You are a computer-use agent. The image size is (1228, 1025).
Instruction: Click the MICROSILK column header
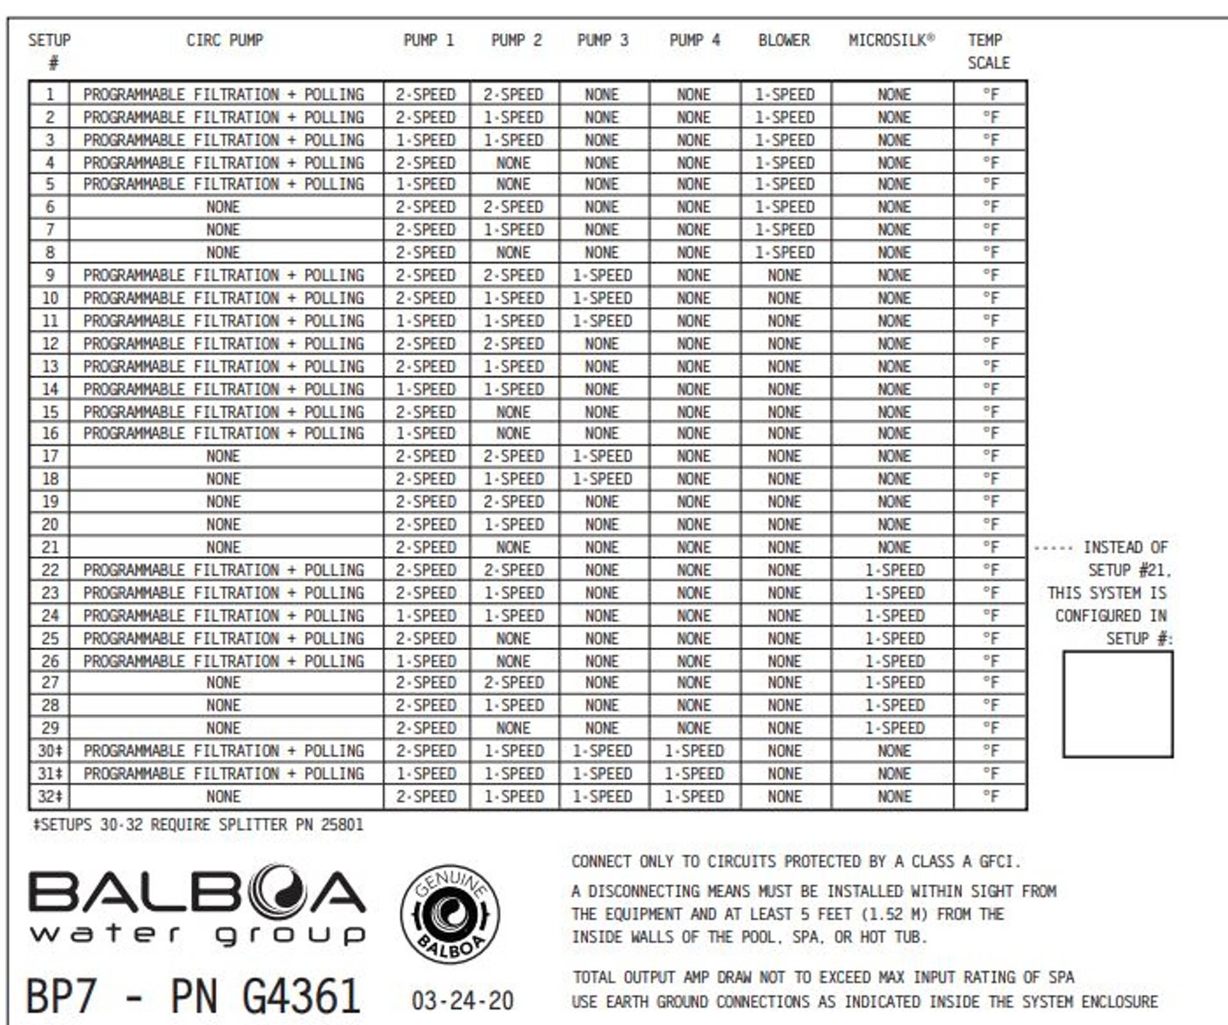(891, 40)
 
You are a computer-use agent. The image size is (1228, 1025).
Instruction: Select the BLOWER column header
(783, 40)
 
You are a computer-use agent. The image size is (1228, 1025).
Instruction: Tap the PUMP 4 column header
(694, 40)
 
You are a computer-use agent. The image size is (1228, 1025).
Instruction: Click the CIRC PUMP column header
(224, 40)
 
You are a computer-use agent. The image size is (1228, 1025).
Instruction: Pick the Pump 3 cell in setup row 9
(602, 275)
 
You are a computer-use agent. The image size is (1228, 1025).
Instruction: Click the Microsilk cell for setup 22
(894, 570)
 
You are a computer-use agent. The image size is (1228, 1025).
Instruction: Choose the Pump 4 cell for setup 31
(694, 774)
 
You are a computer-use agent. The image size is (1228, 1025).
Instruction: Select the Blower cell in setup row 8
(784, 253)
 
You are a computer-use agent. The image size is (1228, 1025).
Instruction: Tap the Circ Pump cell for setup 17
(223, 456)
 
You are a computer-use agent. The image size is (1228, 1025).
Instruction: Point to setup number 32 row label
(49, 797)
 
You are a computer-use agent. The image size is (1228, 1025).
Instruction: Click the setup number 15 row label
(49, 412)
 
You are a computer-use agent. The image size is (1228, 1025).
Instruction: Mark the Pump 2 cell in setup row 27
(514, 683)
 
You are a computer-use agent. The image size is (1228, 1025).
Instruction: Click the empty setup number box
(1117, 704)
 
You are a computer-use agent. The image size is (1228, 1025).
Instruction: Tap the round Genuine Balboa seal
(450, 914)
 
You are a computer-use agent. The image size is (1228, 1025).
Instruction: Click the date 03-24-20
(462, 1001)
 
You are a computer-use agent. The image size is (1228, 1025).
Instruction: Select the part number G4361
(301, 996)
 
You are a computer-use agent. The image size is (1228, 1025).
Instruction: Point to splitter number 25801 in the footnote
(342, 825)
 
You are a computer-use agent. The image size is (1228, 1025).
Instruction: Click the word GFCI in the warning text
(996, 862)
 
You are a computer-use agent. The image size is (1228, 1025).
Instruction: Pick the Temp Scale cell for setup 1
(990, 95)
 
